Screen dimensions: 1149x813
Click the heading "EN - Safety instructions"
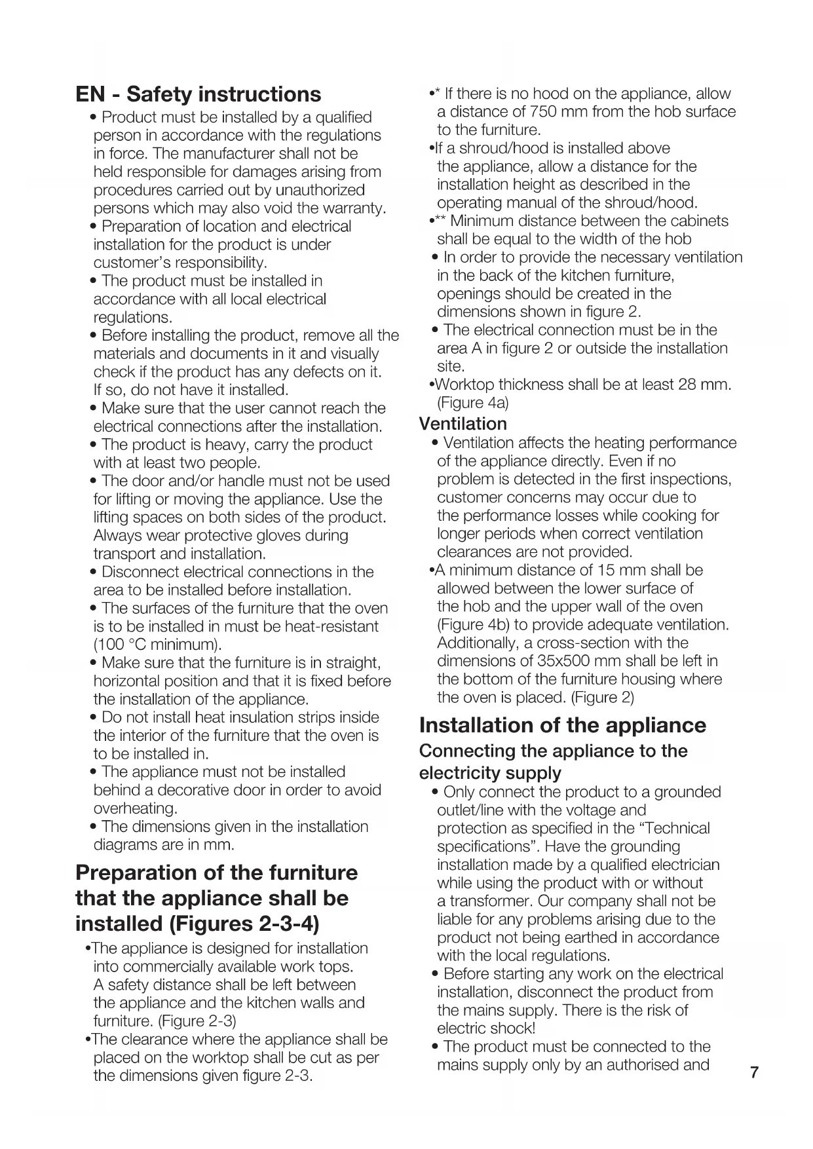(199, 94)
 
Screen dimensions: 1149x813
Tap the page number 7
(754, 1073)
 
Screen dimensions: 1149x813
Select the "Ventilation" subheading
(463, 424)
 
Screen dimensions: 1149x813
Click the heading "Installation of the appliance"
(563, 725)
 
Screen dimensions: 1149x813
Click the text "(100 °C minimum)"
(158, 645)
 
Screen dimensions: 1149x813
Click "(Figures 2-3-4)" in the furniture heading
(244, 924)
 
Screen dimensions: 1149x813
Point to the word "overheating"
(134, 808)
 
